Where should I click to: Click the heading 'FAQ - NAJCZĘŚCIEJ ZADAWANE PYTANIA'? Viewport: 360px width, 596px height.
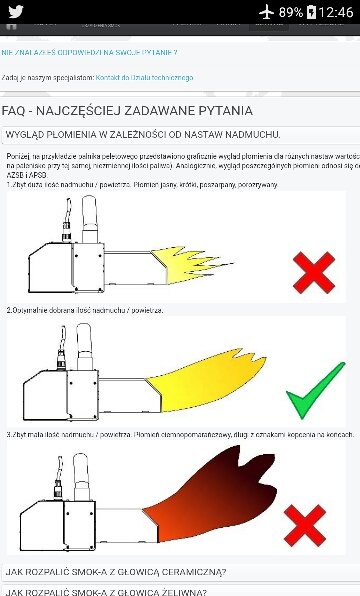tap(127, 110)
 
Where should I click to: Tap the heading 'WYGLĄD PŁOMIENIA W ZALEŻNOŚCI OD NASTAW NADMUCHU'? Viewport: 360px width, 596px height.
tap(142, 134)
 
